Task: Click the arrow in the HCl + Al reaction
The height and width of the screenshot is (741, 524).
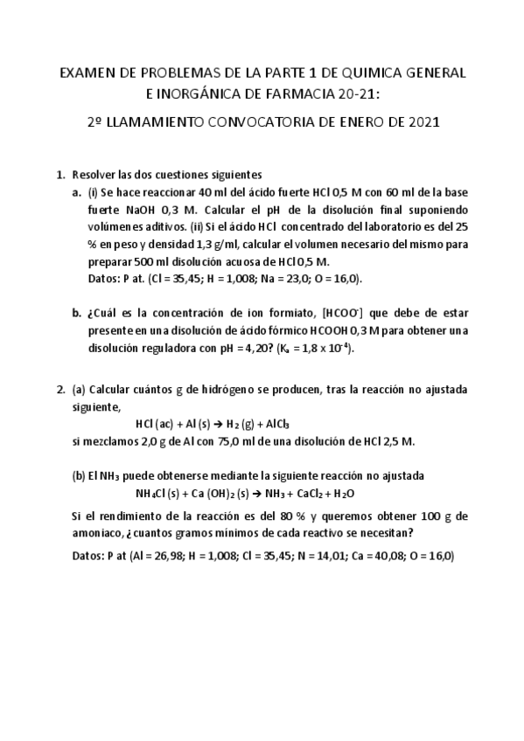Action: (x=218, y=424)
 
